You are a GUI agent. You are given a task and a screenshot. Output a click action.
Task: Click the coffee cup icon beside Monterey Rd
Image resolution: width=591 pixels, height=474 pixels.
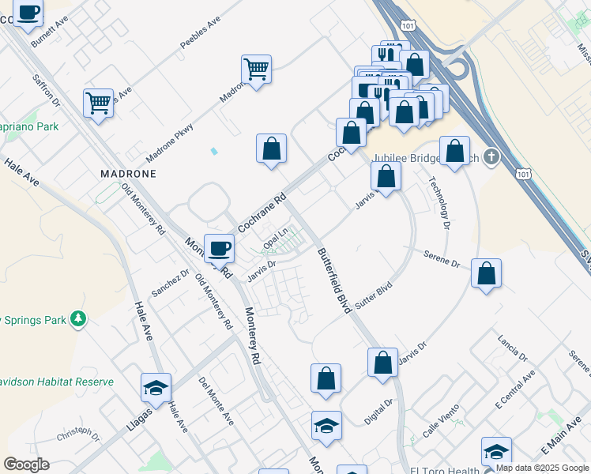coord(219,248)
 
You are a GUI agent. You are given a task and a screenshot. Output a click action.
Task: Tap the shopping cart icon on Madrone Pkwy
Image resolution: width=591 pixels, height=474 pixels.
coord(256,70)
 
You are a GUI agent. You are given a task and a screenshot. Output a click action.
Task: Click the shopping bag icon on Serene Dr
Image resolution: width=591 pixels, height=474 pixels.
coord(486,273)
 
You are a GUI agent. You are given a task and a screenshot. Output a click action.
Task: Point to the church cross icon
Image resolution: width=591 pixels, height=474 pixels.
coord(491,156)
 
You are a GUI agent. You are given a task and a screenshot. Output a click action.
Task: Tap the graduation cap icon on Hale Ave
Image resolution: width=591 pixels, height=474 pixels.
coord(156,388)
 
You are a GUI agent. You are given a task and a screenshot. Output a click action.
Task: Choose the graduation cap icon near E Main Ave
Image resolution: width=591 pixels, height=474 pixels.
coord(495,451)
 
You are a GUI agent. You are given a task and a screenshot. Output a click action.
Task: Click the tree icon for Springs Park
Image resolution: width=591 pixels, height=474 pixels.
coord(77,319)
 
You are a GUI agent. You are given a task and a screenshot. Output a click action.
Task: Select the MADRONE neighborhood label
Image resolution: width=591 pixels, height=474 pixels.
coord(128,173)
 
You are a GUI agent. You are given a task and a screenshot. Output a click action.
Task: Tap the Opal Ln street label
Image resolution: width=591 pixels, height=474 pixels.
coord(275,236)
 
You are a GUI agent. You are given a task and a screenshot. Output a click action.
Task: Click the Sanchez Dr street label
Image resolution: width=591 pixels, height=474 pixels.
coord(170,283)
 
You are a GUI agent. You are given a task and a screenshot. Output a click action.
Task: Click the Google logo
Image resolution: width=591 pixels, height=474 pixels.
coord(26,465)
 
